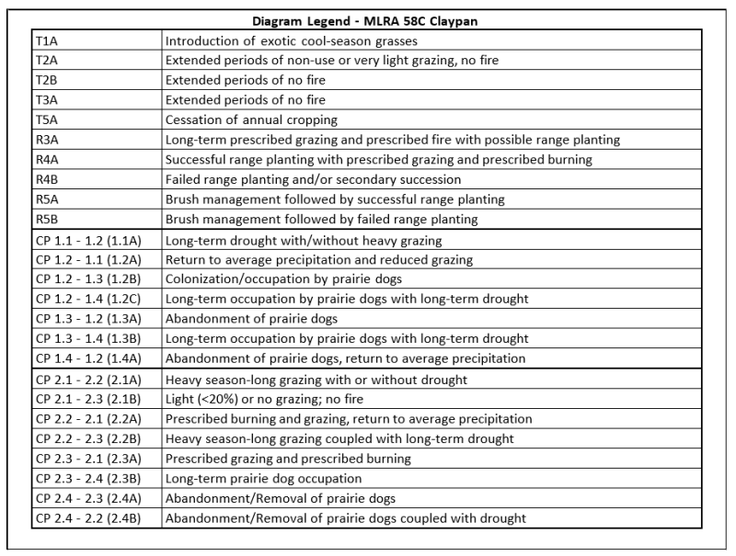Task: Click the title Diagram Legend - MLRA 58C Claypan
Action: coord(368,20)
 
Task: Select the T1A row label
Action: coord(45,40)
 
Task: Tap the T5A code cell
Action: coord(45,119)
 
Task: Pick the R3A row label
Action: coord(46,140)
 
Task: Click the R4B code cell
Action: coord(46,179)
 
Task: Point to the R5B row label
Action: coord(46,219)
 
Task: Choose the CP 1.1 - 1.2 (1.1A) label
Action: coord(91,241)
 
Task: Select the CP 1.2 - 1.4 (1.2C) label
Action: coord(91,300)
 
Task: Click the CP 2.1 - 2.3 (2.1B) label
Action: coord(91,399)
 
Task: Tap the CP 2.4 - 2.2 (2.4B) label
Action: coord(91,517)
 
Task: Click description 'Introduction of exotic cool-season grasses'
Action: coord(290,40)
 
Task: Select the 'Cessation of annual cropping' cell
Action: coord(251,119)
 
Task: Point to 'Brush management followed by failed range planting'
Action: coord(321,219)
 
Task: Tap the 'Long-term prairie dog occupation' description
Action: coord(263,478)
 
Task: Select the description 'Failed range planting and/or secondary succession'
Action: coord(313,179)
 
